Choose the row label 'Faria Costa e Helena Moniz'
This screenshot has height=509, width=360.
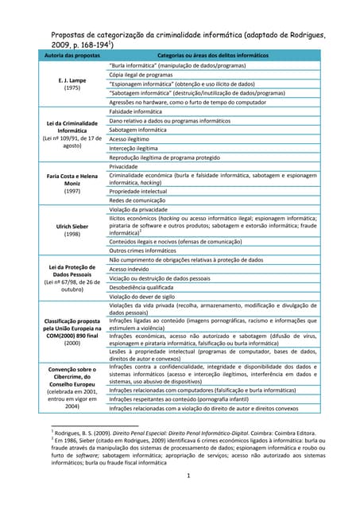pos(72,180)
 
